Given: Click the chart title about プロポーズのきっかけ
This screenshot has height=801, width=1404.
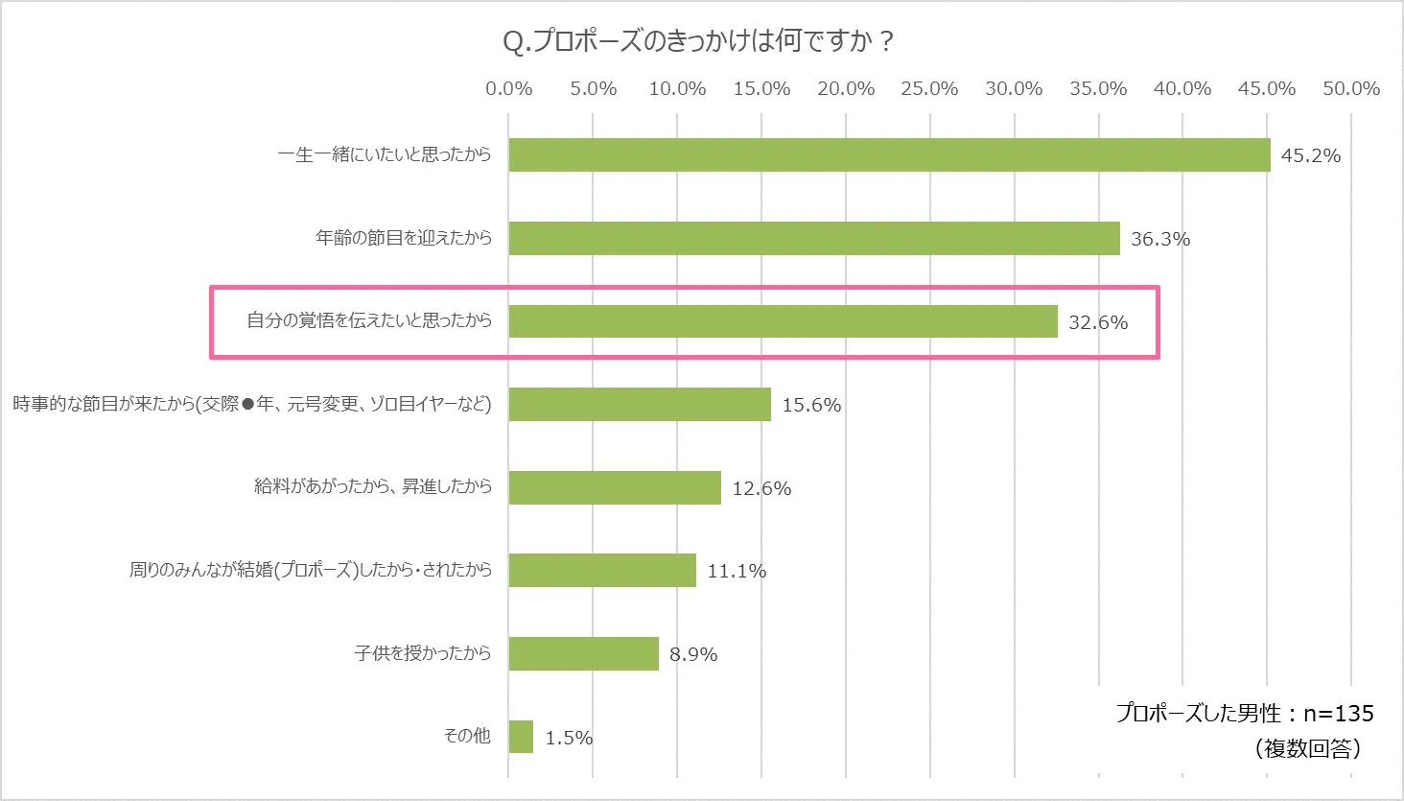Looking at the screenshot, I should [x=698, y=41].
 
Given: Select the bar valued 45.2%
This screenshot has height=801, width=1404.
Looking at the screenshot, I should [x=889, y=154].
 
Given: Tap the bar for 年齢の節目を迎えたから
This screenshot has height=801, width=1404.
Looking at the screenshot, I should [x=814, y=238].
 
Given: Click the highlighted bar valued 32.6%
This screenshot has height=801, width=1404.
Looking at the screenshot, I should [x=783, y=321].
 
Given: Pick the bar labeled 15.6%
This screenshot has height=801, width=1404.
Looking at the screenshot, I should [x=640, y=404].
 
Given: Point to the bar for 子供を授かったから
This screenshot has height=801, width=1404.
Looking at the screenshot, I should [x=583, y=653].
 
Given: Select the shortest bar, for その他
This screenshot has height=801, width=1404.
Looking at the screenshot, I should [x=521, y=737].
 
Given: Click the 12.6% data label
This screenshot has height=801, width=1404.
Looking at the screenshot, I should [x=761, y=488].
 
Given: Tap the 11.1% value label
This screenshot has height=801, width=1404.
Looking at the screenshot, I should [x=737, y=571].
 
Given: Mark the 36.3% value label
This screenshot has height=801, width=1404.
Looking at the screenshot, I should [x=1159, y=239].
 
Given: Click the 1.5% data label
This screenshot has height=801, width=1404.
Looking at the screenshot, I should [x=569, y=738].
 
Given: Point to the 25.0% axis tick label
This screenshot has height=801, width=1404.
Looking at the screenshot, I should [x=929, y=89].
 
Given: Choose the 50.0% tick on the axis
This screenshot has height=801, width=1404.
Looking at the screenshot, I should [x=1350, y=89].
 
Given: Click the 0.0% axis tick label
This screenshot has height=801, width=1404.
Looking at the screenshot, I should [x=508, y=89].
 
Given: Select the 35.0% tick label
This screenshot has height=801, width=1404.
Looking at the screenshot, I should [x=1098, y=89].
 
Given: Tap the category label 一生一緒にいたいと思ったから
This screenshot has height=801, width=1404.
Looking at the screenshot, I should [x=384, y=154].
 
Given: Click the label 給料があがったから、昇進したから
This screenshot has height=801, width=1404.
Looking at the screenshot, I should [x=372, y=486].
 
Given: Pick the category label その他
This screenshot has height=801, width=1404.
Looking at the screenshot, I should [x=467, y=736].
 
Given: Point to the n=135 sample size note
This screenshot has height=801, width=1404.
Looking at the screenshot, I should [x=1244, y=714].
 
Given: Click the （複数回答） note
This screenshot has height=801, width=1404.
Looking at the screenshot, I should [x=1307, y=748].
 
